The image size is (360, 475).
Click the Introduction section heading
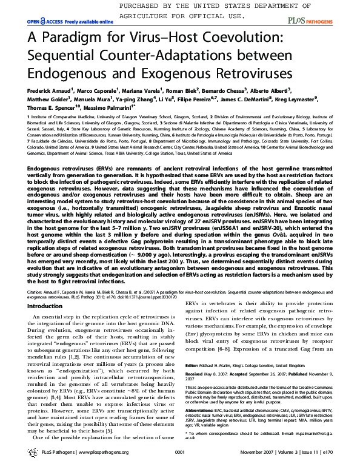45,306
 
